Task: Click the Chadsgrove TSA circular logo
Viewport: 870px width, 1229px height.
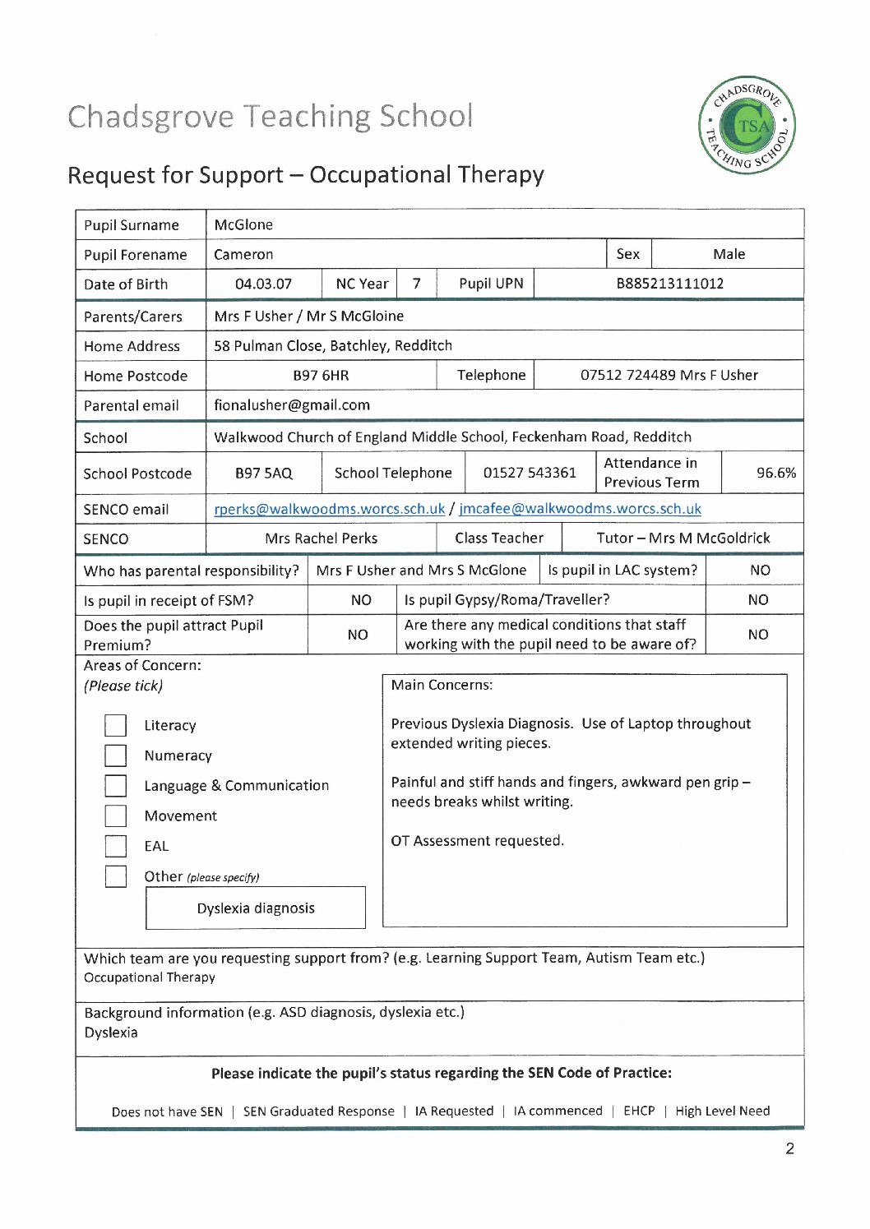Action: [x=747, y=125]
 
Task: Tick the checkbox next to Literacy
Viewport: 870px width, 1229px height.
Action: [x=116, y=725]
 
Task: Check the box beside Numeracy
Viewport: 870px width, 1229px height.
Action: [x=116, y=755]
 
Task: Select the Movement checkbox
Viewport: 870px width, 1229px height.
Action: [x=116, y=815]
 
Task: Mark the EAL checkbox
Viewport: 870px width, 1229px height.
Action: [x=116, y=846]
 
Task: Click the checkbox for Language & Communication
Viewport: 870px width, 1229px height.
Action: [x=116, y=786]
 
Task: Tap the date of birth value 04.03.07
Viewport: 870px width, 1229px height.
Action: [x=263, y=284]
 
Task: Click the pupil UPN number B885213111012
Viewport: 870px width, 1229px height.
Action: [x=669, y=284]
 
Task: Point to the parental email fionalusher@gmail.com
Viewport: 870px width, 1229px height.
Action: [x=292, y=405]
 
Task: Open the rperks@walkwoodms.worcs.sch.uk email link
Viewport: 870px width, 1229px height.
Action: [x=329, y=509]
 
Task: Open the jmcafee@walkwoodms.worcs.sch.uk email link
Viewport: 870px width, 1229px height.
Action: [x=580, y=509]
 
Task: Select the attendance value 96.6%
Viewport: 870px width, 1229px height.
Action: [x=775, y=473]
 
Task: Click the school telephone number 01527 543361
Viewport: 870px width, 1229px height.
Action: [x=530, y=473]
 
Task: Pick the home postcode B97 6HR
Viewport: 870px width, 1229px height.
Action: [x=321, y=376]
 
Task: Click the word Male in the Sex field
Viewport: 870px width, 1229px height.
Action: [x=729, y=254]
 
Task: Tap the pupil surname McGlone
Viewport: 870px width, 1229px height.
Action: [x=243, y=224]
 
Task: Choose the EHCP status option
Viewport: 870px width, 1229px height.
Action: [x=639, y=1111]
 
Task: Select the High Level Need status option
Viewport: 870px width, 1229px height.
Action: [x=722, y=1111]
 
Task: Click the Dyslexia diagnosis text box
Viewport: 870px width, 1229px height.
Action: [x=256, y=908]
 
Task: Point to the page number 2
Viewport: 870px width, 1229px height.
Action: [x=789, y=1148]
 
